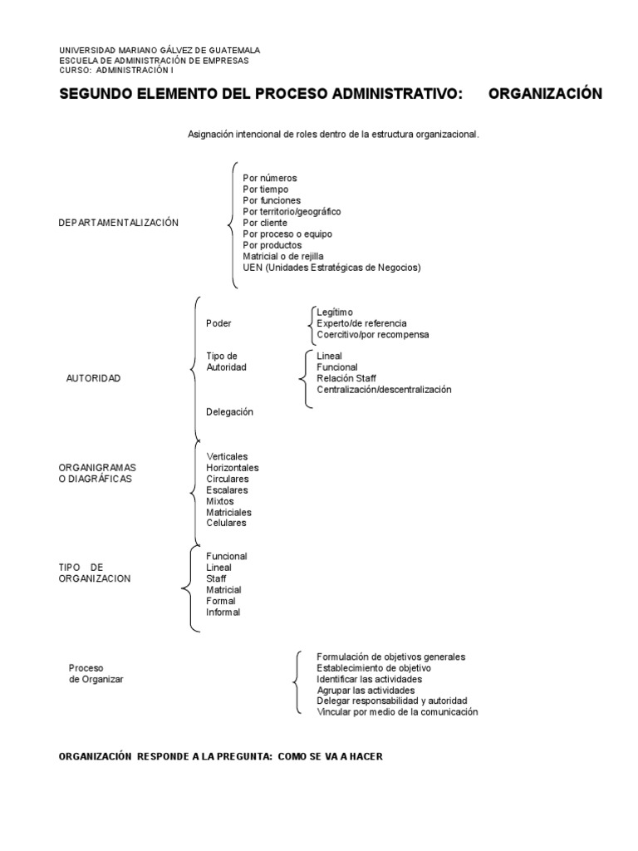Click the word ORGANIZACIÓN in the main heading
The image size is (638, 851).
pos(545,94)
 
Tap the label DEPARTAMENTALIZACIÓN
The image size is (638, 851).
pos(119,223)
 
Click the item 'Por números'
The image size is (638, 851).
pos(269,178)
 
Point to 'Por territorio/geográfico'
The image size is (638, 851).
pos(292,212)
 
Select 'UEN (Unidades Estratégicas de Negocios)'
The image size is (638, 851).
pos(331,268)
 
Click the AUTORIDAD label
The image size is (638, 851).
pos(93,378)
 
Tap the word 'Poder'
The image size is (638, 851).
pos(218,323)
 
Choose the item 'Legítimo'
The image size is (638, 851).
pos(335,312)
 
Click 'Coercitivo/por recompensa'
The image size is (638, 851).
pos(373,334)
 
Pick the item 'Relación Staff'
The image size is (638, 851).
pos(346,378)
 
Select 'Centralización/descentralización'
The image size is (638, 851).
pos(384,389)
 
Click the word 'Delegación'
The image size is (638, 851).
pos(229,411)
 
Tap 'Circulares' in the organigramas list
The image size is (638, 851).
pos(227,479)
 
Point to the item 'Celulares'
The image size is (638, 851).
pos(226,523)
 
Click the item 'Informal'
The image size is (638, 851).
pos(223,612)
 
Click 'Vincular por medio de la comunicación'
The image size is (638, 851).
pos(397,712)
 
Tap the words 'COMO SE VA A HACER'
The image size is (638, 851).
pos(330,756)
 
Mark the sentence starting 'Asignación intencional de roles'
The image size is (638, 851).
pos(333,134)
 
